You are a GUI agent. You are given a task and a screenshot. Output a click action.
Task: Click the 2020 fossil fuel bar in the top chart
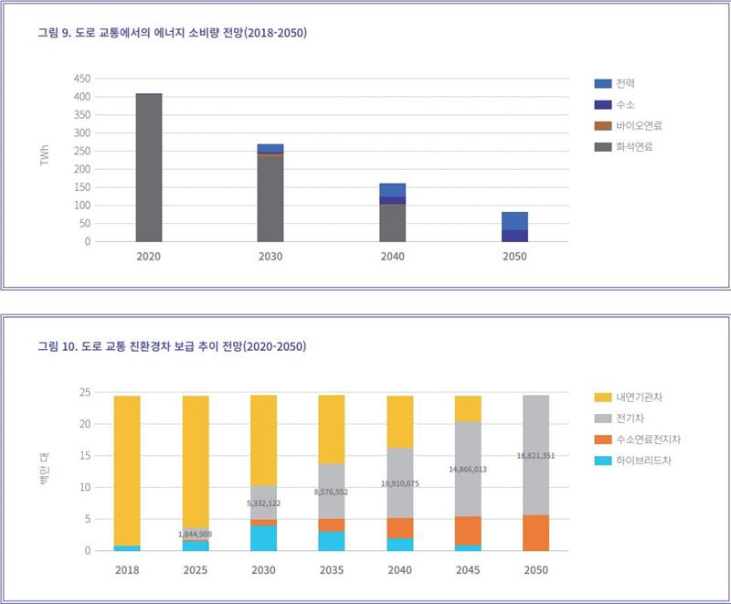pyautogui.click(x=148, y=168)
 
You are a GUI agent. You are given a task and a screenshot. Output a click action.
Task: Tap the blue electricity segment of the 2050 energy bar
pyautogui.click(x=514, y=220)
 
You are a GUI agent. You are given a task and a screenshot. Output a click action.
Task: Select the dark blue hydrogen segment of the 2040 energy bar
pyautogui.click(x=392, y=200)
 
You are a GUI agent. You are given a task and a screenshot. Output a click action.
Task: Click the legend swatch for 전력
pyautogui.click(x=602, y=83)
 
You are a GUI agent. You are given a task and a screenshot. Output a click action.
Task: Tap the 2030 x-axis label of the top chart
pyautogui.click(x=270, y=257)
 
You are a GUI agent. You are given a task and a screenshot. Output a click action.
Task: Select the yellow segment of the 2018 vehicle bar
pyautogui.click(x=127, y=471)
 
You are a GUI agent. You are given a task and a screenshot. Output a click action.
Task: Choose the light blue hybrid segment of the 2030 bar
pyautogui.click(x=264, y=538)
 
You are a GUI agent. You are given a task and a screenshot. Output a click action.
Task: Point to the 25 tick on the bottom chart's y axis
pyautogui.click(x=86, y=392)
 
